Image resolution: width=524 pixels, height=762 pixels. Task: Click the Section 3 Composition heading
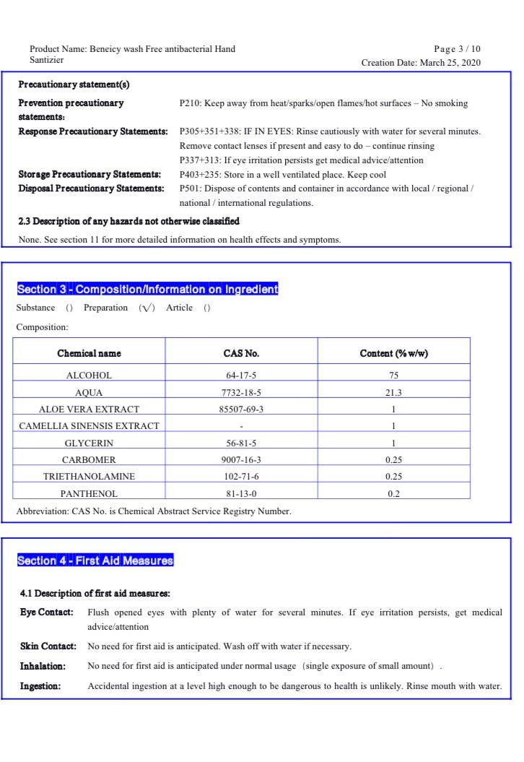(147, 290)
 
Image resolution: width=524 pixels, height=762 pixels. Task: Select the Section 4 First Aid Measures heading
(95, 560)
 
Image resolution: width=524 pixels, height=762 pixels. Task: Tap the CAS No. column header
(241, 353)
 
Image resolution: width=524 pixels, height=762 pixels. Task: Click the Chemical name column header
(89, 353)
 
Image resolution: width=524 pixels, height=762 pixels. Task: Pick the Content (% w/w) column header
(393, 353)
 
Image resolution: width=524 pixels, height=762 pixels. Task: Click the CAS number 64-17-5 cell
(241, 376)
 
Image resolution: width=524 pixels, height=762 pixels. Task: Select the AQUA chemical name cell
(89, 393)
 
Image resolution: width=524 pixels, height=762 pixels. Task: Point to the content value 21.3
(393, 393)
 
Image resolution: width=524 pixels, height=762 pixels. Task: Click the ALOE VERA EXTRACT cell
(89, 410)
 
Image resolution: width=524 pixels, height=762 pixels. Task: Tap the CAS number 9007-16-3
(241, 460)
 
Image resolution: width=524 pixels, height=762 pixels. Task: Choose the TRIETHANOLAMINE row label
(89, 477)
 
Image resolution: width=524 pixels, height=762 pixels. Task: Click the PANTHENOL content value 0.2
(393, 494)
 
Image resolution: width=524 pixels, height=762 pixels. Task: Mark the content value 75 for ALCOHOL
(393, 376)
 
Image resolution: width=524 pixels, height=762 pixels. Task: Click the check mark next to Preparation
(147, 308)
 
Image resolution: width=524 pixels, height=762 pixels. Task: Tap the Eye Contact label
(46, 612)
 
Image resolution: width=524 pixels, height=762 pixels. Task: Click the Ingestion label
(40, 686)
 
